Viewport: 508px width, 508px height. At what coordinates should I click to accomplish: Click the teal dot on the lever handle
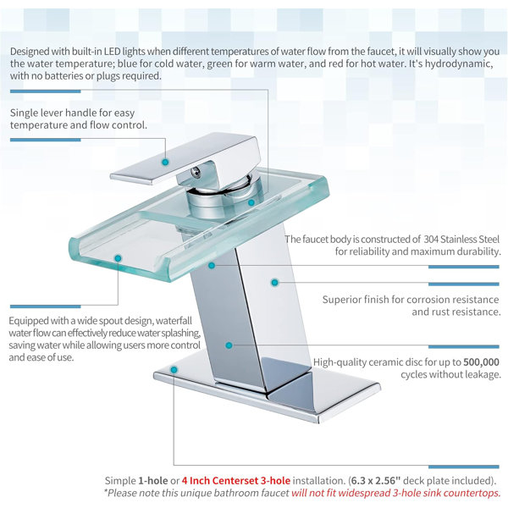point(165,162)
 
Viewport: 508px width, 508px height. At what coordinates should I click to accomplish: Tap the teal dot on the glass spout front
point(118,258)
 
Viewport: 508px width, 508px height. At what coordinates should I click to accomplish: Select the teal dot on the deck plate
point(174,370)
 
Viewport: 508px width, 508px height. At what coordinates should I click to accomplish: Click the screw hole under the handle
point(196,172)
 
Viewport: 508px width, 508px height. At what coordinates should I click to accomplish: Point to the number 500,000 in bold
point(482,362)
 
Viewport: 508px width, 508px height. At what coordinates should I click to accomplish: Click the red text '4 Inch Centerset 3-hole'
point(236,480)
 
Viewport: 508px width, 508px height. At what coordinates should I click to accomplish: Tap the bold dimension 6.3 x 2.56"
point(376,480)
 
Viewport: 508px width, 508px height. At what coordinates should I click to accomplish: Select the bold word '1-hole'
point(153,480)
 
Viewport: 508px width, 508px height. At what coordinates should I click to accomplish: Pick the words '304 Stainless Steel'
point(461,239)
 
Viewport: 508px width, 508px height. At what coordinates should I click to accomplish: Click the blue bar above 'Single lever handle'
point(46,91)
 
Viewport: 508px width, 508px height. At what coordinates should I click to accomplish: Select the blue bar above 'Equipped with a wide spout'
point(46,306)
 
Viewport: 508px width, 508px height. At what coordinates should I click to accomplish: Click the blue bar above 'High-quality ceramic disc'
point(464,346)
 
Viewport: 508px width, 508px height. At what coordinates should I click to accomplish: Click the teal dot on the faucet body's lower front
point(229,345)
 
